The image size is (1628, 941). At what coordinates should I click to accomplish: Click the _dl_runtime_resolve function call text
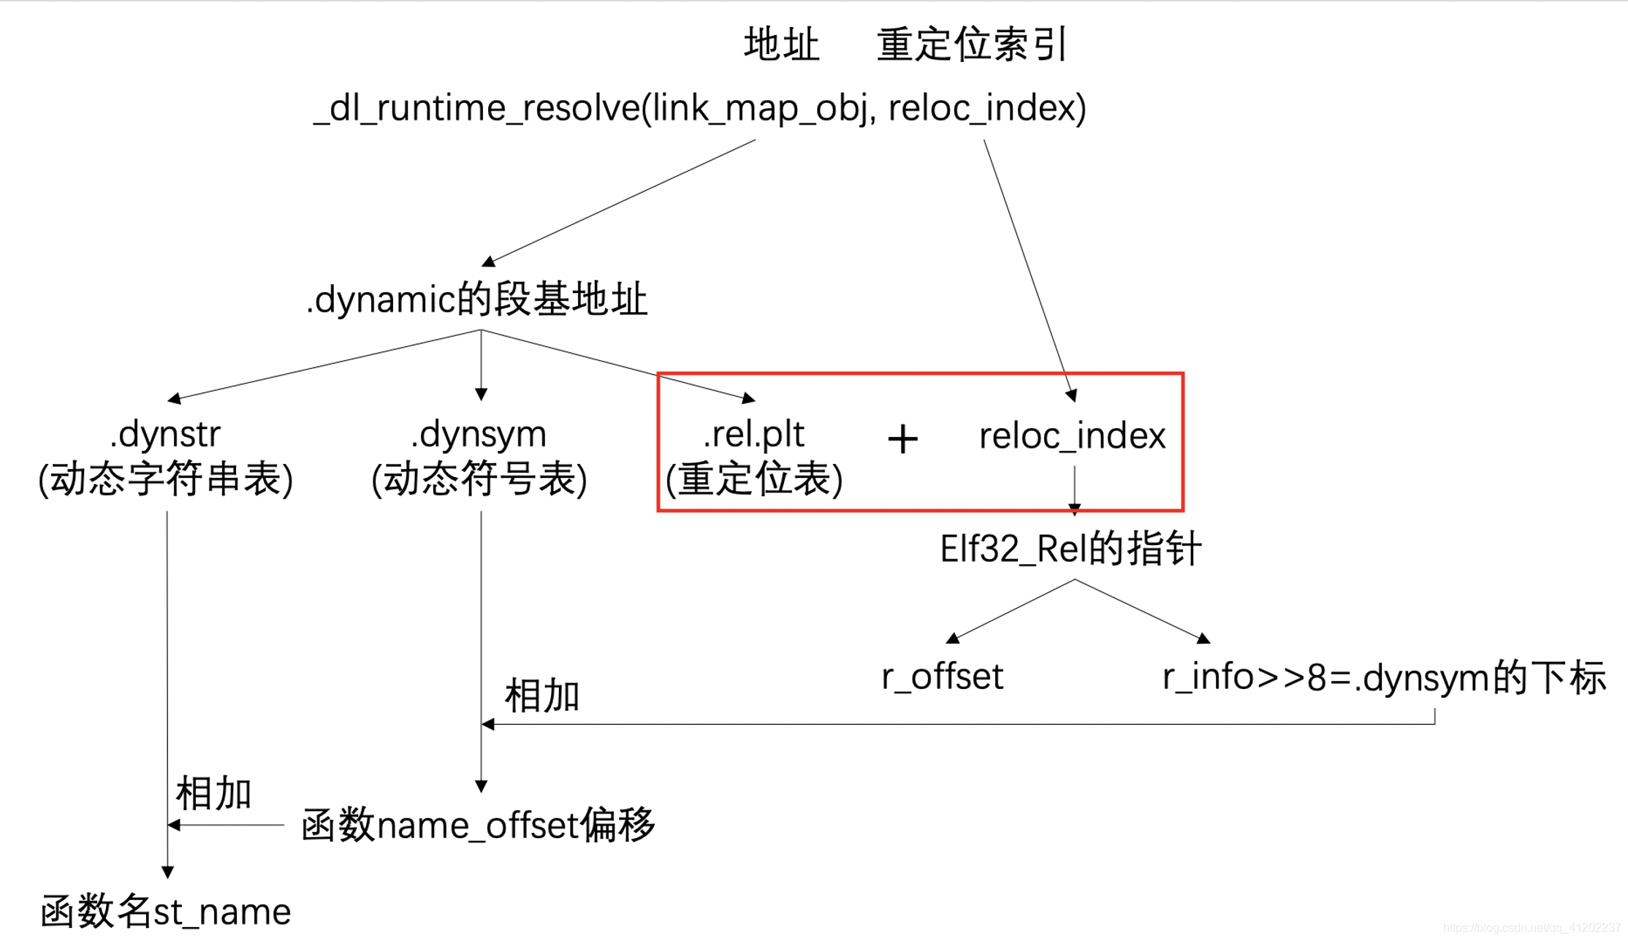click(x=699, y=108)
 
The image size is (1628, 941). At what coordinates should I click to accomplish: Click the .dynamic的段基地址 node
click(x=477, y=300)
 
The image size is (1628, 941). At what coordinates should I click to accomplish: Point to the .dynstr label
click(x=165, y=434)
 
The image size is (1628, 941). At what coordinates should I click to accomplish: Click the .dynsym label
click(x=479, y=434)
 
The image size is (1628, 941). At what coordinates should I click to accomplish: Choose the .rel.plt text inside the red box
click(x=753, y=434)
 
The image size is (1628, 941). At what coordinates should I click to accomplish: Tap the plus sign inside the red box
click(x=902, y=439)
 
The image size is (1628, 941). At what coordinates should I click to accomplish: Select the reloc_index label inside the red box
click(x=1072, y=436)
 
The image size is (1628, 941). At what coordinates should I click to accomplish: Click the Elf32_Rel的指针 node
click(x=1070, y=549)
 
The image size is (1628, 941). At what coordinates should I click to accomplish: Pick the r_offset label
click(x=942, y=677)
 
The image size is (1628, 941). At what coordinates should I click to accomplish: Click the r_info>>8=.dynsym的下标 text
click(x=1384, y=677)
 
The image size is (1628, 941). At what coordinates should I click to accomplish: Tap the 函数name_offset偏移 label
click(x=479, y=826)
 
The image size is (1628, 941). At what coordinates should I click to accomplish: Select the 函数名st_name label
click(x=166, y=911)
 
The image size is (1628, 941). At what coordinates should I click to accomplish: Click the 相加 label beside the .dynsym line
click(x=541, y=696)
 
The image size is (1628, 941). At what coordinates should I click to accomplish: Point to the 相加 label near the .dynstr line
click(x=213, y=793)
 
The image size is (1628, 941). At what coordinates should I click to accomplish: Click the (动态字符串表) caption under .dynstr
click(x=166, y=480)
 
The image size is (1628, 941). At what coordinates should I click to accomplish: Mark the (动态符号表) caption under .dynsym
click(x=479, y=480)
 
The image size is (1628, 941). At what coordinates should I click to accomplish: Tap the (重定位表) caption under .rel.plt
click(x=754, y=480)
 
